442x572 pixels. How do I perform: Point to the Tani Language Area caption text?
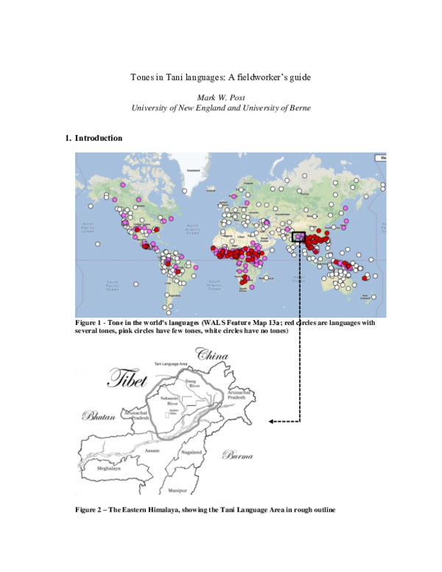pyautogui.click(x=172, y=365)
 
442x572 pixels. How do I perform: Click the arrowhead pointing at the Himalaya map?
pyautogui.click(x=271, y=422)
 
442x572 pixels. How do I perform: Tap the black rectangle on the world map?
pyautogui.click(x=298, y=237)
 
